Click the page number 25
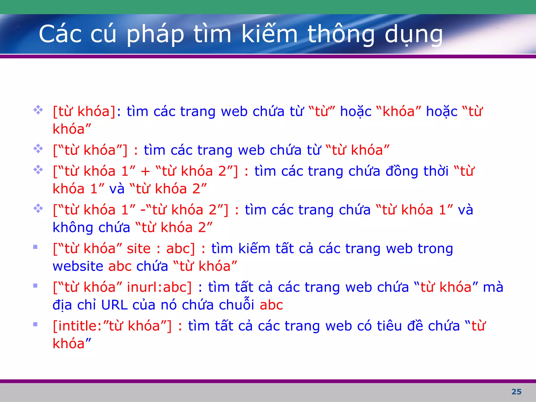516,392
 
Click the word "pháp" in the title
155,35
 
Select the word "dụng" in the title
414,35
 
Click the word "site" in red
139,249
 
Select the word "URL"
114,305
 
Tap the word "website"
78,266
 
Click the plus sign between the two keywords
145,172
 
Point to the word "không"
73,228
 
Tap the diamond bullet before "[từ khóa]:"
38,110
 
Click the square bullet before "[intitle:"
35,325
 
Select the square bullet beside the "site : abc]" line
35,247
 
